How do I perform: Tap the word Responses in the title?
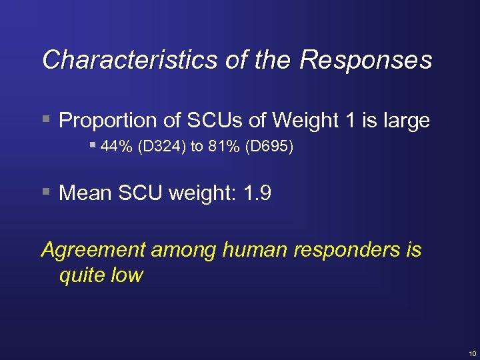click(366, 60)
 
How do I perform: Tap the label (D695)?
click(269, 147)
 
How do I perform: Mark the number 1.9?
click(257, 193)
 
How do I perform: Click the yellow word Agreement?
click(93, 250)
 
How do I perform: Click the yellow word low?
click(127, 275)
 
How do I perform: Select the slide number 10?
click(472, 353)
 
